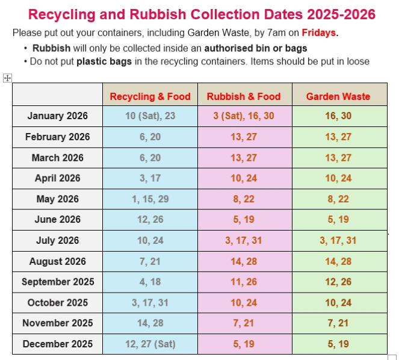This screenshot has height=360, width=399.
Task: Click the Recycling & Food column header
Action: (150, 96)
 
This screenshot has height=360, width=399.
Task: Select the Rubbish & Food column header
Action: (244, 96)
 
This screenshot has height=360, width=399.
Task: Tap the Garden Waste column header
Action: (338, 96)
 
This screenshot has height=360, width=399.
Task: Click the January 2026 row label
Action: (57, 116)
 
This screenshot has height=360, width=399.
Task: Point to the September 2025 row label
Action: (58, 282)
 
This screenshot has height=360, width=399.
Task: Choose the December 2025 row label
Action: (58, 344)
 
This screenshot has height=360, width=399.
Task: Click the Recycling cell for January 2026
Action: (150, 116)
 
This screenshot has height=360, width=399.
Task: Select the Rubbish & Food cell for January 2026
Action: (244, 116)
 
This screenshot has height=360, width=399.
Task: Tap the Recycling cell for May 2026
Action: (150, 199)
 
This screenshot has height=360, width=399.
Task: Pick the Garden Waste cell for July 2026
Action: (338, 240)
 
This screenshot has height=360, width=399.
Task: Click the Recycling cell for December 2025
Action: (150, 344)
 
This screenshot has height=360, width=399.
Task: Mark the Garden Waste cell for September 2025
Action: (338, 282)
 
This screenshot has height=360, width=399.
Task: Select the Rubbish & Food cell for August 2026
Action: (244, 261)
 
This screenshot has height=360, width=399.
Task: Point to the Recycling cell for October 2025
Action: (150, 302)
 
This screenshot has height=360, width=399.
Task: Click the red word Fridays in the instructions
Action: (319, 34)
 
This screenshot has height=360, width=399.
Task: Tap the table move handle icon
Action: (7, 77)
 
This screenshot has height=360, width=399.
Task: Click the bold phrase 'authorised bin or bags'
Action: (255, 48)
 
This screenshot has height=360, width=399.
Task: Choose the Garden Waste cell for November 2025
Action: (338, 323)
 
